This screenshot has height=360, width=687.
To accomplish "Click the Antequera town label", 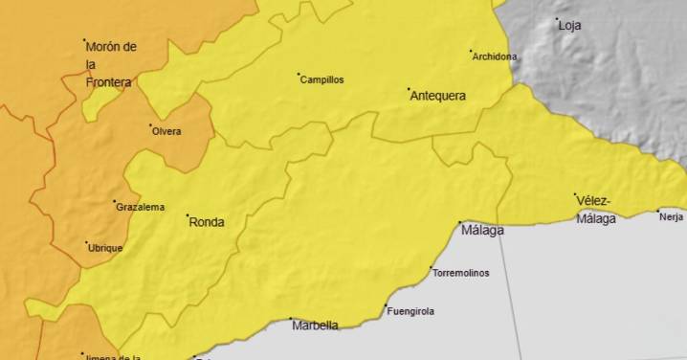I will [x=438, y=96].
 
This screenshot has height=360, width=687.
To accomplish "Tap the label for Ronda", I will [x=207, y=222].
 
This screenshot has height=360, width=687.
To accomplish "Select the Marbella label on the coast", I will [x=314, y=326].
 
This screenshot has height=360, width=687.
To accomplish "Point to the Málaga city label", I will [x=482, y=230].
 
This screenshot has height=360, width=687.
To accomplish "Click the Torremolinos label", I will [x=461, y=273].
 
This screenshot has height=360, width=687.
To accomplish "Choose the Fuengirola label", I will [x=410, y=311].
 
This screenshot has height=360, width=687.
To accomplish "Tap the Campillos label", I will [x=322, y=80].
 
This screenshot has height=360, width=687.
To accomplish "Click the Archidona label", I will [x=495, y=56].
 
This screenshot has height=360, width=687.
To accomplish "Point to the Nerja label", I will [x=672, y=216].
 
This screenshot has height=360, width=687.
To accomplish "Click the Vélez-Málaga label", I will [x=595, y=210].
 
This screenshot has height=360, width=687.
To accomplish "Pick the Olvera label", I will [x=166, y=131].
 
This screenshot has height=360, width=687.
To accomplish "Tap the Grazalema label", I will [x=140, y=207].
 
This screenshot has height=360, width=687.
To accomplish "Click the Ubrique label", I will [x=105, y=248].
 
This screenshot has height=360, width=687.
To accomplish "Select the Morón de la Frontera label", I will [x=109, y=64].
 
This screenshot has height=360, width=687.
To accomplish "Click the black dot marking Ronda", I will [x=188, y=215].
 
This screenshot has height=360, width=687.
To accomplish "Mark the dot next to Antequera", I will [x=410, y=89].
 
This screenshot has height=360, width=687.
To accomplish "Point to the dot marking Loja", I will [x=558, y=19].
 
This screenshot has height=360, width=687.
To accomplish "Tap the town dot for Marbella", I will [x=291, y=319].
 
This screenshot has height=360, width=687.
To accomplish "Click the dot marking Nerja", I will [x=658, y=211].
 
